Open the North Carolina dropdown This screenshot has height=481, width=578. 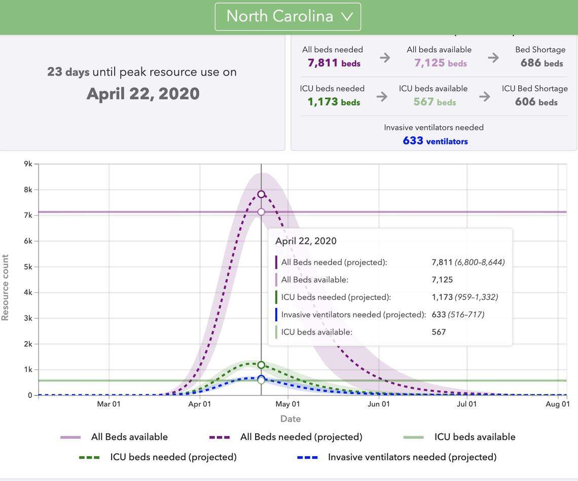[287, 17]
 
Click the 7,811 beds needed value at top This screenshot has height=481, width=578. [323, 63]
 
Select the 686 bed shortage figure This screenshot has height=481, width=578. [531, 63]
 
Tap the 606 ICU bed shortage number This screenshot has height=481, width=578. [525, 102]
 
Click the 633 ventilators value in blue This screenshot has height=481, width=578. [413, 141]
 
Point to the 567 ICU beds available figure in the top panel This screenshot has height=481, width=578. [423, 102]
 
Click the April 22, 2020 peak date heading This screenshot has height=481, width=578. [143, 94]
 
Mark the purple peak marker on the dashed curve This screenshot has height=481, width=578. [261, 194]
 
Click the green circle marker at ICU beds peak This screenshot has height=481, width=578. [261, 365]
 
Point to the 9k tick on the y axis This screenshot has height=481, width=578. [28, 164]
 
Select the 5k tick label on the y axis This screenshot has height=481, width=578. [28, 267]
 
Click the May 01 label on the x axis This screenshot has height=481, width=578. [288, 404]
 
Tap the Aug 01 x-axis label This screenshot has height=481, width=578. [558, 404]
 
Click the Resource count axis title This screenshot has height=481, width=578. [6, 287]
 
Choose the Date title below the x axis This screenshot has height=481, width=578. [291, 419]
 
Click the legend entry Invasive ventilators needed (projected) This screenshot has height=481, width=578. [412, 457]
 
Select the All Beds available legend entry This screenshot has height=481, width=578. [129, 437]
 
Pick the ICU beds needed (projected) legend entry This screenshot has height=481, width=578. [173, 457]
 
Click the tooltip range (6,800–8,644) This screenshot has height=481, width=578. [480, 263]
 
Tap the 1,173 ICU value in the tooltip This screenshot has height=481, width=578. [442, 298]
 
